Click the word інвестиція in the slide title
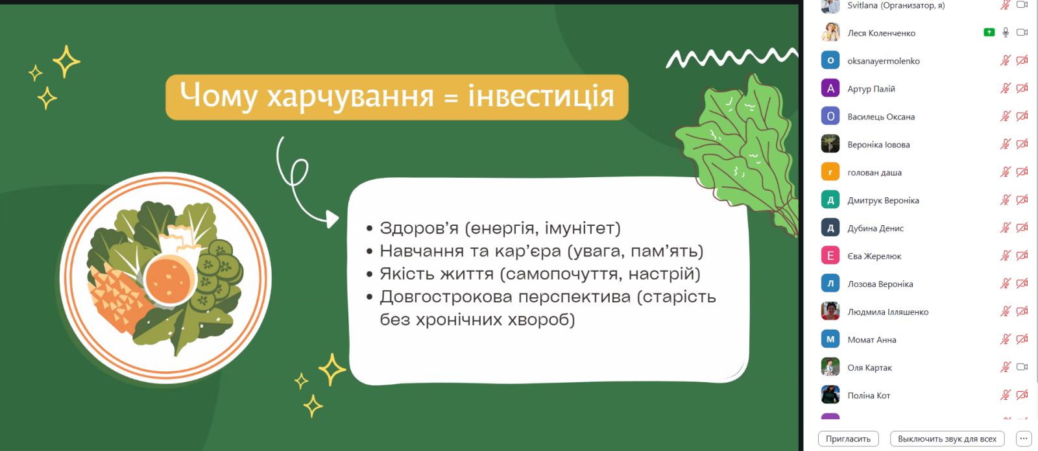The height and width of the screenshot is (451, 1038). [541, 96]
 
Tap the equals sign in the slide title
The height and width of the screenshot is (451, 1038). [450, 98]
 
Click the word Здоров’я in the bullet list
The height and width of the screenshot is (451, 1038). [419, 228]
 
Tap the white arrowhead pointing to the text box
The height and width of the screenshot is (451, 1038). [332, 219]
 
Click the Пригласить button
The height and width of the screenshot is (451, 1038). [848, 439]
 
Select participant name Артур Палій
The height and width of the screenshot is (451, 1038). [871, 89]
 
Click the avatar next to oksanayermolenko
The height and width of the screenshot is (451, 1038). [830, 61]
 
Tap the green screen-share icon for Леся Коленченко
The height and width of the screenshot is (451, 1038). [989, 32]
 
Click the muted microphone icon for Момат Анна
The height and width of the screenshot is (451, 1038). [1005, 339]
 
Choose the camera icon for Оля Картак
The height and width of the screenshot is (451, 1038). [1022, 367]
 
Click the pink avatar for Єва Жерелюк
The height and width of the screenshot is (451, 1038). [830, 256]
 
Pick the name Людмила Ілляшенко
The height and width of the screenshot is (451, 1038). [888, 312]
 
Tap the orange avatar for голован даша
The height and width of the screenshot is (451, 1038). [830, 173]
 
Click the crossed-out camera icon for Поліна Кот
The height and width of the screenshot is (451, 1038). [1022, 395]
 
